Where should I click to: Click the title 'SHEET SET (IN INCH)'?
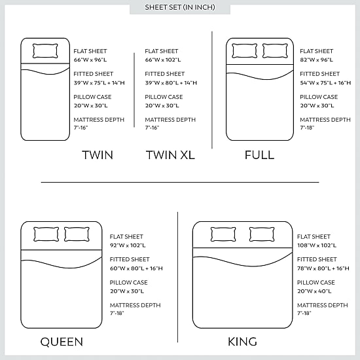point(180,7)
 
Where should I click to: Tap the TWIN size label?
point(98,155)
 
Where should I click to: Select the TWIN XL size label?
point(170,155)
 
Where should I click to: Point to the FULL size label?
point(259,155)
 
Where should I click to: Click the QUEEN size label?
point(62,342)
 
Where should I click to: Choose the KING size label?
point(242,342)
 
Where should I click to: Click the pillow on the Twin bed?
point(45,51)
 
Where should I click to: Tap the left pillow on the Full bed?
point(245,51)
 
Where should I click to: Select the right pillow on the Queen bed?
point(77,234)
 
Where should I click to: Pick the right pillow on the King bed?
point(262,234)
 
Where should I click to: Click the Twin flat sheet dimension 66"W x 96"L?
point(90,60)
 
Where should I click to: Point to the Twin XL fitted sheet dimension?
point(171,82)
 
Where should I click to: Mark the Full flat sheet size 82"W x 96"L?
point(316,60)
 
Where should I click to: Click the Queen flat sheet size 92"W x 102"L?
point(128,245)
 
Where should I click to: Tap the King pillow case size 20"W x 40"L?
point(314,291)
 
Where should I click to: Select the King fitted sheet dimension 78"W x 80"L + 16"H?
point(323,268)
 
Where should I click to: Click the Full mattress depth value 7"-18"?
point(307,128)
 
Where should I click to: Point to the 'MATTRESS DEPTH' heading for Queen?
point(135,305)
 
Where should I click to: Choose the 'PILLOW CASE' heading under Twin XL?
point(164,97)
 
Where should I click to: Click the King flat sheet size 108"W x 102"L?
point(317,245)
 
